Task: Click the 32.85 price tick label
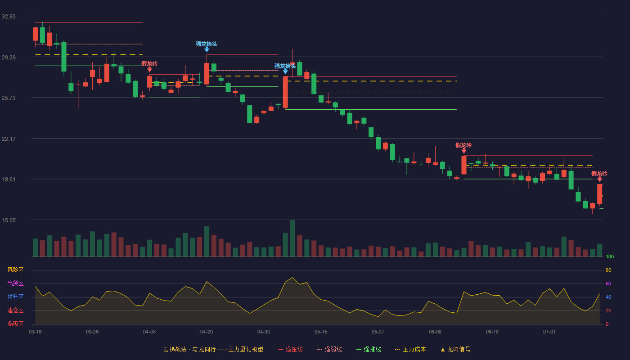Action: (9, 17)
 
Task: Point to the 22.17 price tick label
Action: (9, 139)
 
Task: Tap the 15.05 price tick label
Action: (9, 220)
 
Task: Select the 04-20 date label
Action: (207, 332)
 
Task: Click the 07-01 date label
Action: (549, 332)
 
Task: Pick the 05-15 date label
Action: (321, 332)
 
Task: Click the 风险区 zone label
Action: (15, 270)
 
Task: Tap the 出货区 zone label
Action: (15, 283)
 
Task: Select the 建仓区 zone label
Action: (15, 310)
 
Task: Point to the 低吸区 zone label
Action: (15, 324)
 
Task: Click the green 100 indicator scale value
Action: (610, 256)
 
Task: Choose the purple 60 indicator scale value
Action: (608, 283)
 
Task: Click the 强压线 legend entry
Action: (290, 349)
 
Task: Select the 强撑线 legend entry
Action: (369, 349)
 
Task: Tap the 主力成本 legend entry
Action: (410, 349)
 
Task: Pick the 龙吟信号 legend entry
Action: (455, 349)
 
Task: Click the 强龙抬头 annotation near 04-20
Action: (207, 44)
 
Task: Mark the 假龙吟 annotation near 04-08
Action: (149, 64)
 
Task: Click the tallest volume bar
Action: (292, 238)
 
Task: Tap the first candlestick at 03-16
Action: (35, 34)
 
